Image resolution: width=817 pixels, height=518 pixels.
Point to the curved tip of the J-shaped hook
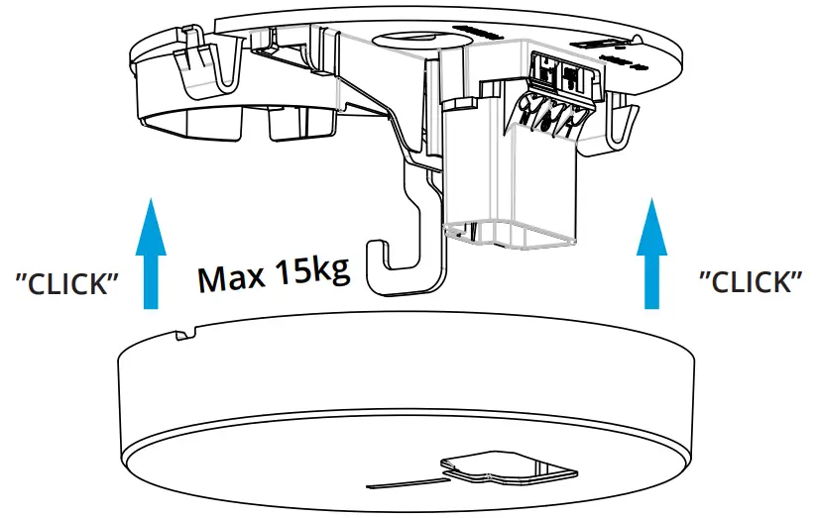(x=375, y=258)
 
